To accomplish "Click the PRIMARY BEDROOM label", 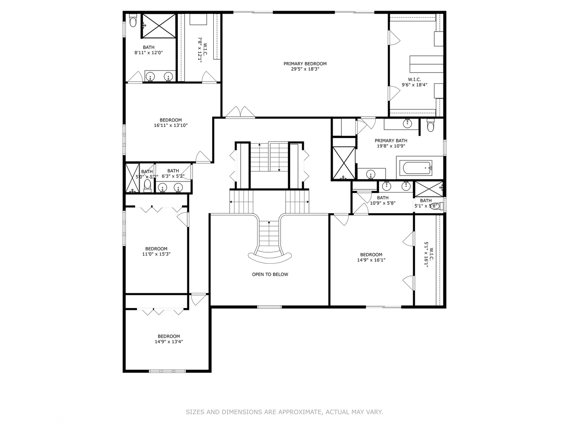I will click(305, 64).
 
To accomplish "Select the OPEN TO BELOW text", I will click(270, 274).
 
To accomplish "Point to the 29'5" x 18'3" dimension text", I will click(305, 69).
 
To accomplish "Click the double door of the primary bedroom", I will click(240, 112).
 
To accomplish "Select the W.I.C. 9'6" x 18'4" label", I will click(415, 82).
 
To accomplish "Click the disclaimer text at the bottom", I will click(284, 412).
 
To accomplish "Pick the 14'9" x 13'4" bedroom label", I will click(169, 339).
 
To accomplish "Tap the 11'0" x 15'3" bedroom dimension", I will click(156, 254).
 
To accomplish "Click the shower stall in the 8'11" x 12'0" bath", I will click(159, 26).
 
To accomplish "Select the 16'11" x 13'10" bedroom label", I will click(170, 123).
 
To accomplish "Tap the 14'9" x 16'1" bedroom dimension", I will click(371, 260).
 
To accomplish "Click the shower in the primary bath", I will click(344, 163).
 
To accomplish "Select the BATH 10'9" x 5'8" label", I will click(382, 200).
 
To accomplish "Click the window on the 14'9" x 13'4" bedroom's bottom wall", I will click(167, 371).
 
